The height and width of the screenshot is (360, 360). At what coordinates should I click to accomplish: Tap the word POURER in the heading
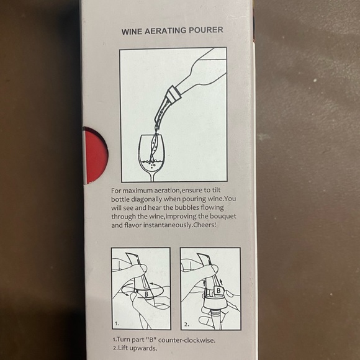(206, 29)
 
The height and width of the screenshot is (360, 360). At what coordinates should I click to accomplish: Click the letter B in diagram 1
(145, 292)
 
